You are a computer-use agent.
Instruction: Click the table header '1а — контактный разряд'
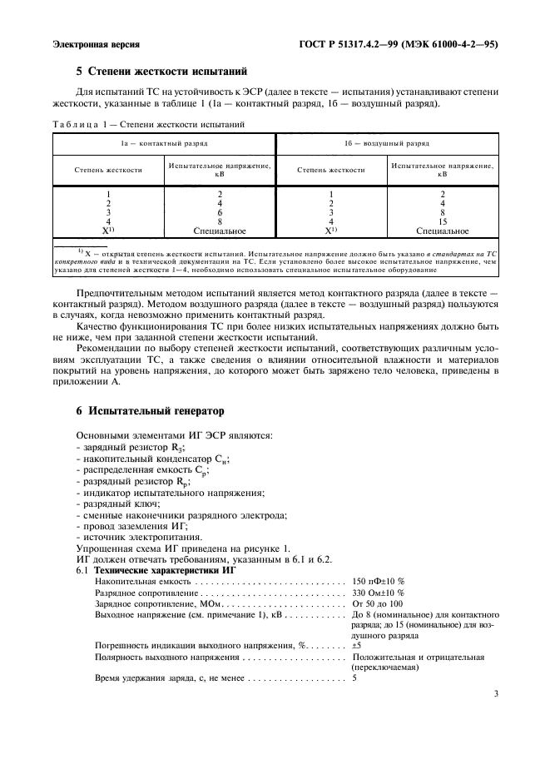pyautogui.click(x=164, y=144)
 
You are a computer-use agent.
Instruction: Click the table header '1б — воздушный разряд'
pyautogui.click(x=387, y=144)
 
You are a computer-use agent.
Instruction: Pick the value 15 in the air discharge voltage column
pyautogui.click(x=443, y=221)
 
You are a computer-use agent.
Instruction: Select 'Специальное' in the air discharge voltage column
pyautogui.click(x=443, y=231)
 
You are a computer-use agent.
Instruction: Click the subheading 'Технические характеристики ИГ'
pyautogui.click(x=165, y=570)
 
